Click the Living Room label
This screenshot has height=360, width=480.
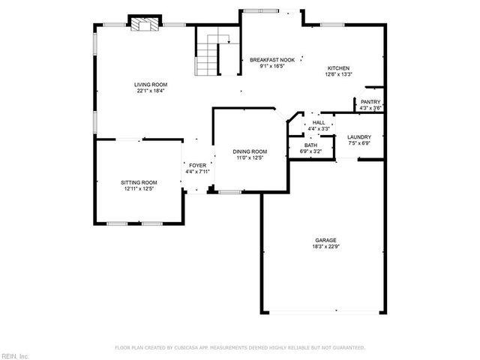(150, 85)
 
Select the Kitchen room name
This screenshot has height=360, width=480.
(337, 68)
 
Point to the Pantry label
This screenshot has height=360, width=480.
(370, 102)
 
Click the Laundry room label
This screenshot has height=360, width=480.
(359, 136)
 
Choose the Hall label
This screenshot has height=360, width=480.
(319, 122)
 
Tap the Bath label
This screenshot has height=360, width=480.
(310, 145)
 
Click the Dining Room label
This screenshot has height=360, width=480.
(250, 151)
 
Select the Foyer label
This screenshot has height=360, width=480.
(197, 165)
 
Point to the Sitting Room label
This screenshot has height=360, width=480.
(139, 182)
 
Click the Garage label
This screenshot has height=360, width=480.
(325, 240)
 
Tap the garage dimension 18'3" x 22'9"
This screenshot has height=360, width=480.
(325, 247)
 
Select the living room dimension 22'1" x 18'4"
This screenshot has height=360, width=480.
(150, 91)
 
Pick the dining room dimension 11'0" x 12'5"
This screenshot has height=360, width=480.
(250, 158)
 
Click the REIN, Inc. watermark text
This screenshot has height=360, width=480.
(15, 355)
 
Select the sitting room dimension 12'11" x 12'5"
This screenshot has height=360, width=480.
(139, 189)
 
